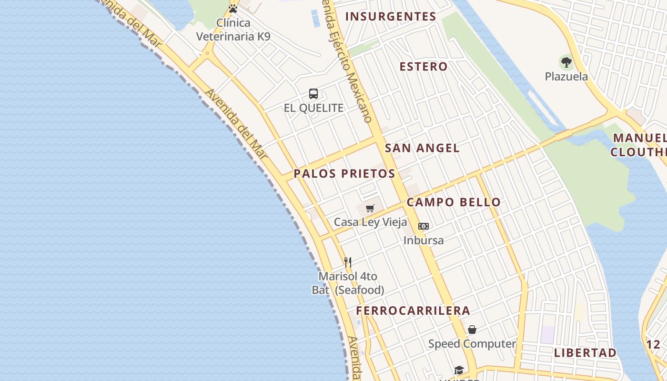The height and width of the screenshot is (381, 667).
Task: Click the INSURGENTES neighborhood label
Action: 391,17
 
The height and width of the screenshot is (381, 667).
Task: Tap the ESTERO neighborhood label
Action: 424,67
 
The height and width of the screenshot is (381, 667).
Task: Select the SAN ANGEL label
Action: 422,148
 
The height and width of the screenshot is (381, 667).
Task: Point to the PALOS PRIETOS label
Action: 344,174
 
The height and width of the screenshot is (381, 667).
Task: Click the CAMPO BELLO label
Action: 454,202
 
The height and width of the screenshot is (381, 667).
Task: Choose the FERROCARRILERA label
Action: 413,311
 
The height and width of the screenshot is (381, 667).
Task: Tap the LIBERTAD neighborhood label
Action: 586,353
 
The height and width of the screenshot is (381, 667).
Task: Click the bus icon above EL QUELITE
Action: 313,94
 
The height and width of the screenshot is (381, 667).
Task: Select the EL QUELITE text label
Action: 313,108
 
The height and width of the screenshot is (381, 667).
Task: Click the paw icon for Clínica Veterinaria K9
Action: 233,9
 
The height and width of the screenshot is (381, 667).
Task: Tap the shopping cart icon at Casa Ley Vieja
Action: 370,208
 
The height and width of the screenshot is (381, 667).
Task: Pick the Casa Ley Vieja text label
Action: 370,222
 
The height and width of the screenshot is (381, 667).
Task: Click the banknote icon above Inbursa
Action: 424,226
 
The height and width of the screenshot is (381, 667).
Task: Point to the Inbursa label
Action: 424,241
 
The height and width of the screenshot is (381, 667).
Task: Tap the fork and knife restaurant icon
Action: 348,262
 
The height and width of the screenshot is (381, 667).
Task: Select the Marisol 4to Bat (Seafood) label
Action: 348,283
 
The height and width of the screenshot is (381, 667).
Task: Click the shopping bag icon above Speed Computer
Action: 472,330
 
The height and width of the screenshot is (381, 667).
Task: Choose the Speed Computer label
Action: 472,344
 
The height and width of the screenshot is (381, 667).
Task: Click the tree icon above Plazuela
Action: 566,62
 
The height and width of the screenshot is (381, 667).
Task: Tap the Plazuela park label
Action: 566,77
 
